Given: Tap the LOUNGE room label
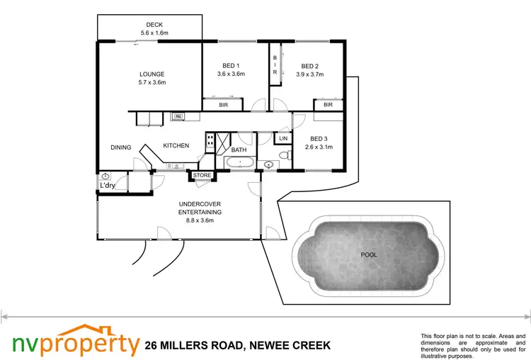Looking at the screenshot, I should pyautogui.click(x=152, y=74).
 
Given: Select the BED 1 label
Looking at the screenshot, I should pyautogui.click(x=229, y=65).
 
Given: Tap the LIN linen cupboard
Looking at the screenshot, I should pyautogui.click(x=283, y=139).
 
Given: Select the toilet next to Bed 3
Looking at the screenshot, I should pyautogui.click(x=283, y=156).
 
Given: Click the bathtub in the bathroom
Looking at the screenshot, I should pyautogui.click(x=239, y=164).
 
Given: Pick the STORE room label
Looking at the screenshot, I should pyautogui.click(x=202, y=175).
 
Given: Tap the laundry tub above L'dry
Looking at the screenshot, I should pyautogui.click(x=105, y=176).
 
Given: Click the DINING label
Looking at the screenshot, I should pyautogui.click(x=121, y=147).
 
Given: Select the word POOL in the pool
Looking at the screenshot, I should pyautogui.click(x=369, y=254).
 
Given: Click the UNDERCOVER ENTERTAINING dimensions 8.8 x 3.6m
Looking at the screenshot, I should pyautogui.click(x=200, y=220).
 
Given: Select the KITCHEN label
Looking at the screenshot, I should pyautogui.click(x=176, y=145).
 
